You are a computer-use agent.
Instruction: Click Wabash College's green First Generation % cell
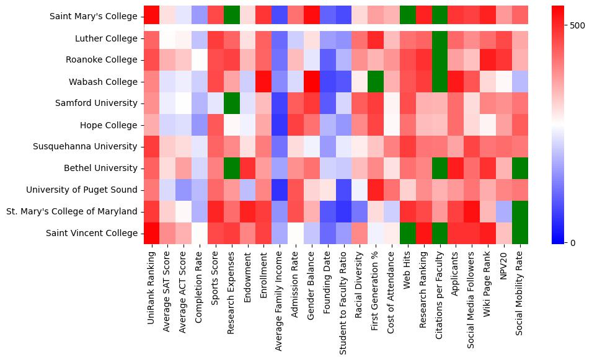click(376, 81)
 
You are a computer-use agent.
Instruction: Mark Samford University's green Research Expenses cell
click(231, 103)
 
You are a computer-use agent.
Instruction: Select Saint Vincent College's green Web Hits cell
click(408, 233)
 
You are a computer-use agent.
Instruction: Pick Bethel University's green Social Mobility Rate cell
click(520, 168)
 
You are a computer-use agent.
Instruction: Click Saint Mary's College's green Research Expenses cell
click(231, 15)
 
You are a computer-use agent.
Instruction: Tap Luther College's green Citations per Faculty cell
click(440, 38)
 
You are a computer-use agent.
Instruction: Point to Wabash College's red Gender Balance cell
click(312, 81)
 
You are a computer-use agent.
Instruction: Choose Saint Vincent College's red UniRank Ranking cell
click(151, 233)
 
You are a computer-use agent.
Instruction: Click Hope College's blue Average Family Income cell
click(280, 125)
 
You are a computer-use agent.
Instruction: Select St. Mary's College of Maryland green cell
click(520, 211)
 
